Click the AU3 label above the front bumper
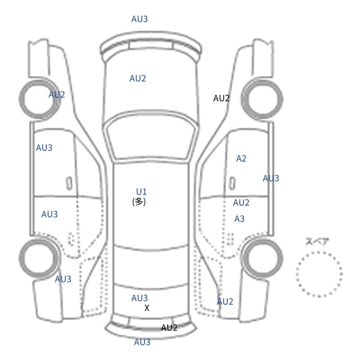[x=139, y=19]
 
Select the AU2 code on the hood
[x=138, y=78]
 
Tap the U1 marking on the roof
[x=141, y=192]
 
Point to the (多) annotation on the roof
[x=139, y=202]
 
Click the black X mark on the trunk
[x=147, y=308]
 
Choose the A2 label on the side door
[x=241, y=158]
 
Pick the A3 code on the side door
[x=239, y=219]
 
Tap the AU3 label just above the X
[x=139, y=298]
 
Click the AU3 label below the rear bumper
[x=142, y=342]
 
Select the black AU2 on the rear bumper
[x=169, y=328]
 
